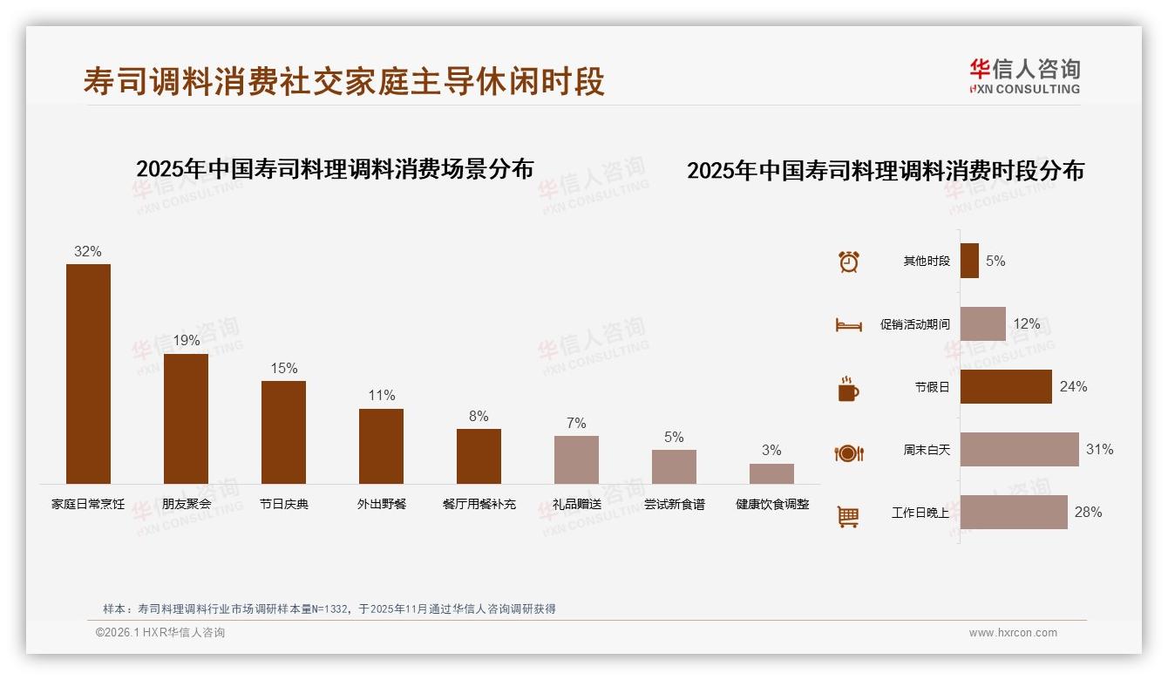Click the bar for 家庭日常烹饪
[x=89, y=374]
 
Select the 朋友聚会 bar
[x=186, y=418]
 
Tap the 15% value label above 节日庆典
[x=283, y=369]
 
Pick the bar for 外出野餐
[x=381, y=445]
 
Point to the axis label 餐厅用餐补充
[x=479, y=504]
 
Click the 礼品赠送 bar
[x=576, y=459]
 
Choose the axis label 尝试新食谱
[x=674, y=504]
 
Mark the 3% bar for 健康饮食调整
[x=771, y=473]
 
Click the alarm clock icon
[x=848, y=262]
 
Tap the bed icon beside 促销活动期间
[x=848, y=324]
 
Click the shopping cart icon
[x=848, y=516]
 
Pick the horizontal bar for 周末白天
[x=1019, y=450]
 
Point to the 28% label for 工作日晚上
[x=1088, y=513]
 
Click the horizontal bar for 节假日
[x=1006, y=387]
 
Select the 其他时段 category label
[x=927, y=262]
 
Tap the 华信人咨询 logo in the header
[x=1024, y=77]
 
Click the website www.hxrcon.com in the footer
[x=1013, y=633]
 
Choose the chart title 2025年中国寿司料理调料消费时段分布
[x=886, y=171]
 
